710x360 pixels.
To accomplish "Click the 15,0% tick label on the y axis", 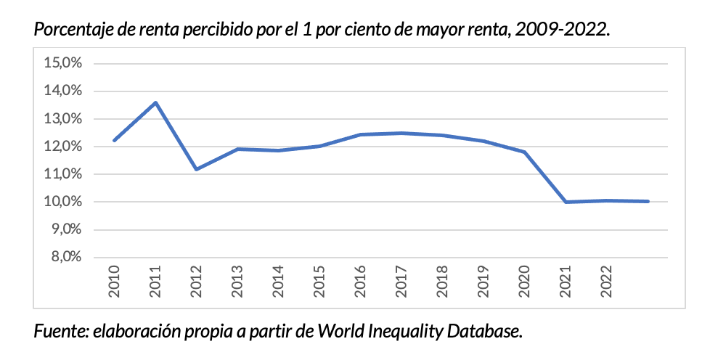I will (62, 63).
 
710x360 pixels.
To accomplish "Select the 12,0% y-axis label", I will (62, 147).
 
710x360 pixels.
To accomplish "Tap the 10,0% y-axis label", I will (62, 202).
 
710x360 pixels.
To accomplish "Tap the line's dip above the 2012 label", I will (197, 169).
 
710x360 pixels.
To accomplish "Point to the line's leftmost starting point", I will (115, 140).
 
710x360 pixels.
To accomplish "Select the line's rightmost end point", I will (648, 201).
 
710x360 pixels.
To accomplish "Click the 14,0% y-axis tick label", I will (62, 91).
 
